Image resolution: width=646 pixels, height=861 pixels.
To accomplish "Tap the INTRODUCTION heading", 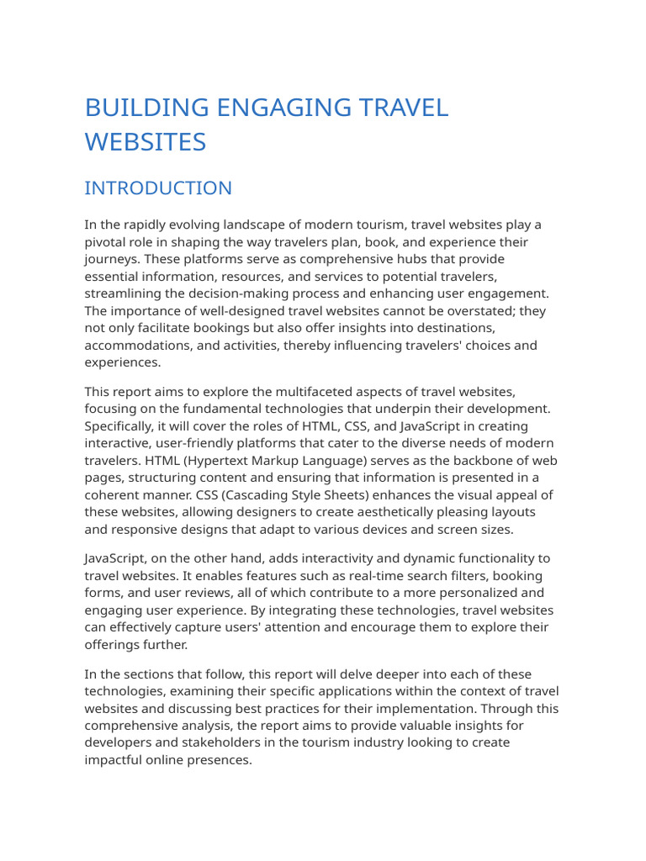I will [158, 188].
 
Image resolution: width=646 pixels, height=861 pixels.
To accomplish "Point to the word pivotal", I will [106, 242].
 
